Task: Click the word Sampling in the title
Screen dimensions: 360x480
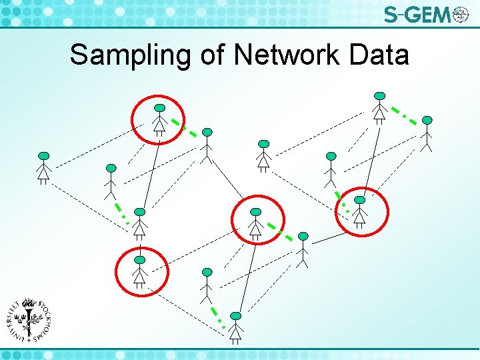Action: (131, 55)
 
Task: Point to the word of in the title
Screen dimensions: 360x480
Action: (213, 55)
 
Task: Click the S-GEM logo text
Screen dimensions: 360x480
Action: (417, 14)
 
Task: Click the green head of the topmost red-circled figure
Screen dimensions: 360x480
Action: (159, 107)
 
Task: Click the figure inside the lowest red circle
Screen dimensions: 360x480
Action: (139, 271)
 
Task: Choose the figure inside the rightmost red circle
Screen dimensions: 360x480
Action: (360, 211)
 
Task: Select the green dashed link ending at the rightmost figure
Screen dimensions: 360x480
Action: (405, 114)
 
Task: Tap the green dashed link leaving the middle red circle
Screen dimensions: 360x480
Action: (281, 231)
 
